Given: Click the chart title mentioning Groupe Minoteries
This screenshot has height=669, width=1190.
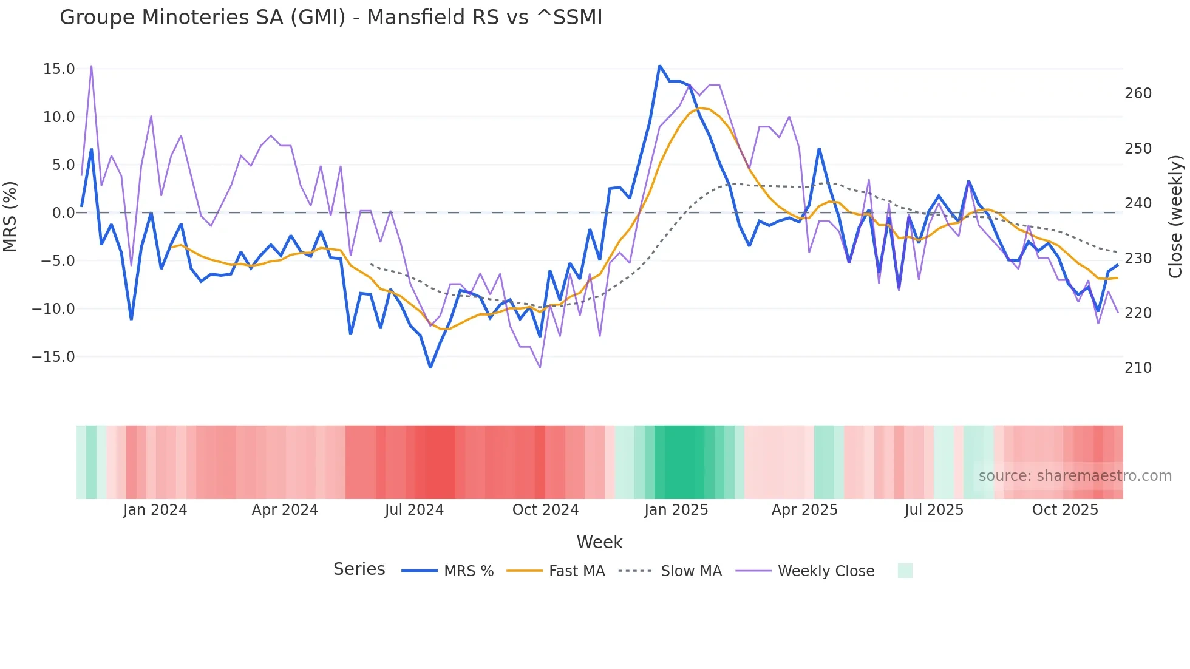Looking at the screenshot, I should point(331,18).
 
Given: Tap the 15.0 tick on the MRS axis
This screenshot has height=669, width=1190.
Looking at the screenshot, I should point(59,69).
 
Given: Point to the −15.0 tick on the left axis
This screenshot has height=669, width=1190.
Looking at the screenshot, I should point(53,357).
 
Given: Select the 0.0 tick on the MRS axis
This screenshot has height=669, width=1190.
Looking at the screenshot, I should point(63,213).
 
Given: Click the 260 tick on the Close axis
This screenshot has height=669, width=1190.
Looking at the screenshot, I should point(1138,93).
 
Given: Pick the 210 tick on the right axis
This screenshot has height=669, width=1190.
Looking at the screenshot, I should point(1138,368).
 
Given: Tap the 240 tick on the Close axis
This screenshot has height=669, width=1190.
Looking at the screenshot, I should point(1138,203).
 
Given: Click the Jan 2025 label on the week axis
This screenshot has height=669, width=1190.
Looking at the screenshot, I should point(676,510).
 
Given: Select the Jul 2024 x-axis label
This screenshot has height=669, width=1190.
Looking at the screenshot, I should point(414,510).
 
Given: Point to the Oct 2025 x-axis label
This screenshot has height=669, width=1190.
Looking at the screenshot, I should point(1065,510).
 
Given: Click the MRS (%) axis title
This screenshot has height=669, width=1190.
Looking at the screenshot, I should point(10,216).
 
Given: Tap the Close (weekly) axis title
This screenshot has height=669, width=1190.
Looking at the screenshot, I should point(1175,216).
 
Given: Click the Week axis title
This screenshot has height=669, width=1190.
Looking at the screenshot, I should point(599,542).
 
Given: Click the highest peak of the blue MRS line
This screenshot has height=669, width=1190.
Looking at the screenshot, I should point(659,66).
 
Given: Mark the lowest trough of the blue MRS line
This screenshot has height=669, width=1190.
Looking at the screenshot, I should point(430,367).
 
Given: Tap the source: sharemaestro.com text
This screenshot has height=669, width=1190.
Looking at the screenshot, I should point(1075,476).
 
